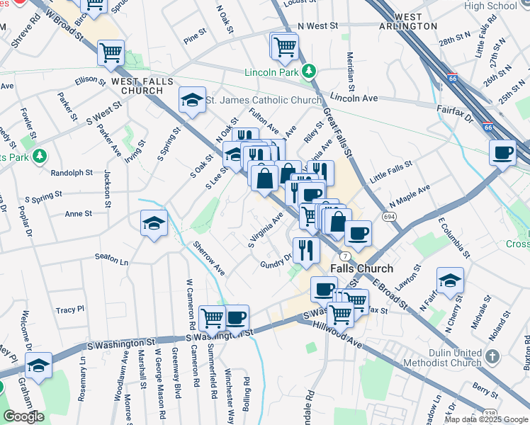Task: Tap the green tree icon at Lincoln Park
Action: point(308,71)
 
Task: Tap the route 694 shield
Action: point(388,215)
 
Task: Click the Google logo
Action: point(23,416)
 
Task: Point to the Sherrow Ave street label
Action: point(209,259)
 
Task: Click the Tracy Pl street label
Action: point(70,310)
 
